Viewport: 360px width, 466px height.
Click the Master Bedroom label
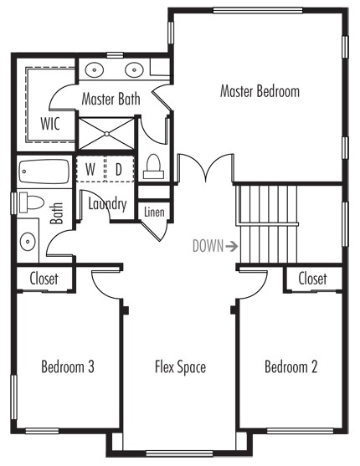pyautogui.click(x=260, y=91)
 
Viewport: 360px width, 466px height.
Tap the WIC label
pyautogui.click(x=50, y=124)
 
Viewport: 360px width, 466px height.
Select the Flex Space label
pyautogui.click(x=180, y=366)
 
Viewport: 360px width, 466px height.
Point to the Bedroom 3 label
pyautogui.click(x=68, y=366)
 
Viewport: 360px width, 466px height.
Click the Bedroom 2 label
pyautogui.click(x=291, y=366)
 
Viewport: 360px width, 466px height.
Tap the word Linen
pyautogui.click(x=154, y=213)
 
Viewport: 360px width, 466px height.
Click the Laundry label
pyautogui.click(x=107, y=204)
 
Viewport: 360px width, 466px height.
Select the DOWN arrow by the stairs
pyautogui.click(x=231, y=246)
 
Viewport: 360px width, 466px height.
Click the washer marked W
pyautogui.click(x=90, y=169)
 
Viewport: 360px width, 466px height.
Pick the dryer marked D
pyautogui.click(x=119, y=169)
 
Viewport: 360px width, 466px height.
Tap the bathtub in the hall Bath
pyautogui.click(x=44, y=172)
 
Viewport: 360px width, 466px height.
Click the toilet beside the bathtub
pyautogui.click(x=31, y=202)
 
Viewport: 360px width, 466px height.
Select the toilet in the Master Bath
pyautogui.click(x=153, y=167)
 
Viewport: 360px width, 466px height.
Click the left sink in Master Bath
pyautogui.click(x=95, y=70)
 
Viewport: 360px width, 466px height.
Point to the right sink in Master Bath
pyautogui.click(x=135, y=70)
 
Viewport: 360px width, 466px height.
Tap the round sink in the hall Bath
pyautogui.click(x=28, y=241)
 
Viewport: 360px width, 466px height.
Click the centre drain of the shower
pyautogui.click(x=107, y=134)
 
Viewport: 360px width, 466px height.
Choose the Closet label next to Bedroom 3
pyautogui.click(x=44, y=279)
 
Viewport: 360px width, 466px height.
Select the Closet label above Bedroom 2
pyautogui.click(x=312, y=279)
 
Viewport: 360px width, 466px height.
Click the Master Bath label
pyautogui.click(x=111, y=99)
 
